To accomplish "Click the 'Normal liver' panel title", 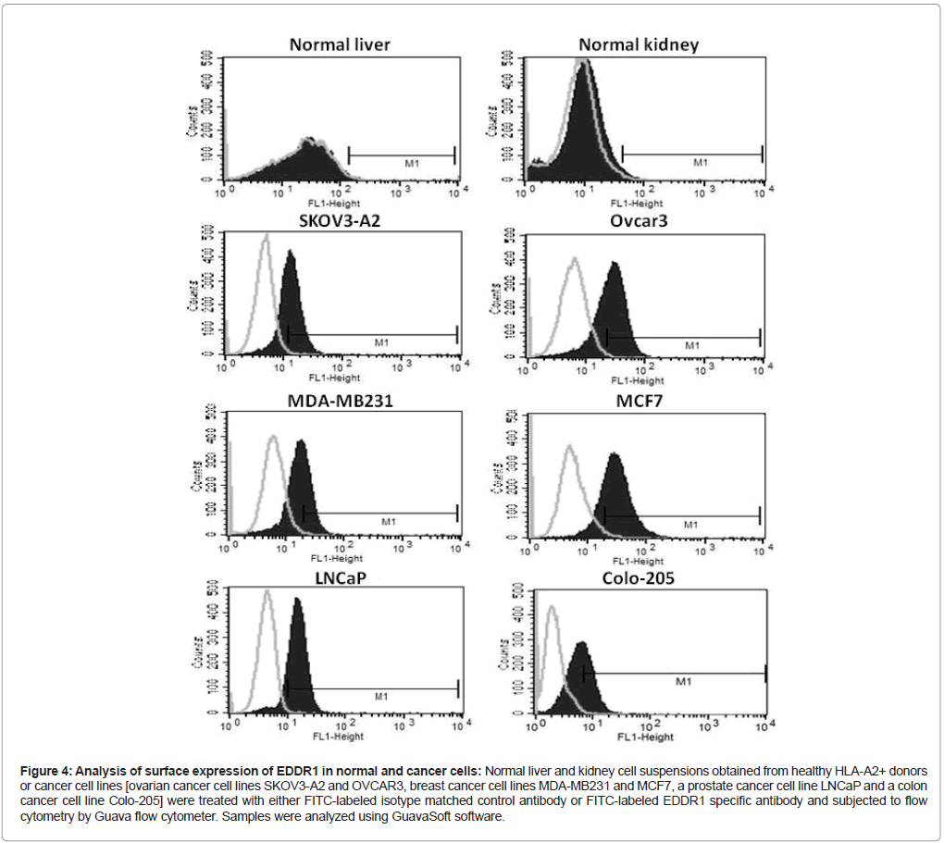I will tap(340, 44).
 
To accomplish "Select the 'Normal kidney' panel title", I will tap(639, 44).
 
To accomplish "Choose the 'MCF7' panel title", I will tap(638, 401).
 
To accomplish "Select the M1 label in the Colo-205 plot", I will tap(683, 681).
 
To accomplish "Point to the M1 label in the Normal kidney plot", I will tap(701, 163).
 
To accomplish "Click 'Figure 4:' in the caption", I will tap(43, 771).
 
